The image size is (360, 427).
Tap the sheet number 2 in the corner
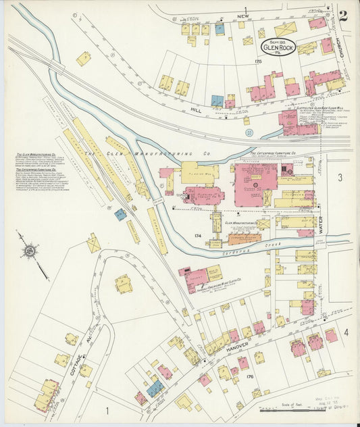(x=343, y=16)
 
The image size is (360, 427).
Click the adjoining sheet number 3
(x=340, y=177)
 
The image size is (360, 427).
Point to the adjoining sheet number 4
(x=345, y=332)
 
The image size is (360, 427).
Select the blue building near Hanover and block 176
(x=155, y=388)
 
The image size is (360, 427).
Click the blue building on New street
(x=220, y=29)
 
